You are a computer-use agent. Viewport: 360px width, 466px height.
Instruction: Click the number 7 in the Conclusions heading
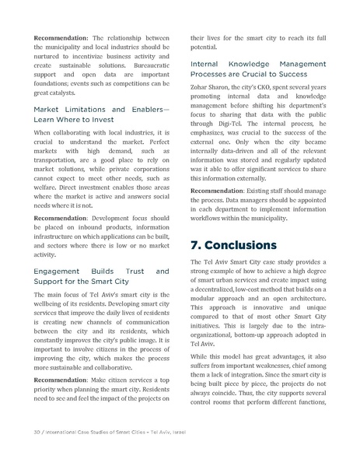tap(196, 245)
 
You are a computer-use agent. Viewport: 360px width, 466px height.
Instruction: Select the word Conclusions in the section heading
tap(243, 245)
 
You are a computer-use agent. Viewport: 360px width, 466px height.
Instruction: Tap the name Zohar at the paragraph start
tap(203, 98)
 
